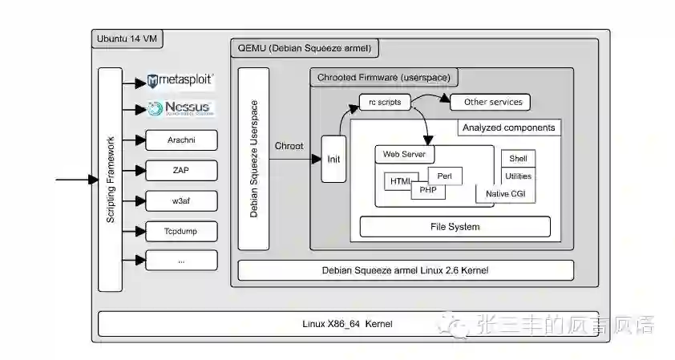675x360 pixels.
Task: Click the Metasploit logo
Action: (x=180, y=80)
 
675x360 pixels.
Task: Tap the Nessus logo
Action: (x=180, y=108)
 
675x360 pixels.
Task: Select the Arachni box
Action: (x=181, y=140)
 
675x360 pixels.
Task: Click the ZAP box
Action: (x=181, y=170)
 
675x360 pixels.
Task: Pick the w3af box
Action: (x=181, y=200)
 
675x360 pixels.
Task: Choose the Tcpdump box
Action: (x=181, y=231)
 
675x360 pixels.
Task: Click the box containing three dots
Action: (x=181, y=260)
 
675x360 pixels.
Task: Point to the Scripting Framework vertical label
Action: (x=111, y=180)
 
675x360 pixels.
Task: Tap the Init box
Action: (x=333, y=159)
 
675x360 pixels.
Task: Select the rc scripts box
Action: (x=385, y=103)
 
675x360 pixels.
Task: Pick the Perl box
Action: (x=445, y=175)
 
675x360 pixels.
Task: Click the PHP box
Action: (x=427, y=191)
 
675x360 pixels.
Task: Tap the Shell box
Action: (x=518, y=159)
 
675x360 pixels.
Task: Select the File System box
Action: (x=455, y=227)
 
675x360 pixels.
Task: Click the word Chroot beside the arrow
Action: (x=289, y=146)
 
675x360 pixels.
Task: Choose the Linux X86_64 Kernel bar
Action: (x=347, y=324)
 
